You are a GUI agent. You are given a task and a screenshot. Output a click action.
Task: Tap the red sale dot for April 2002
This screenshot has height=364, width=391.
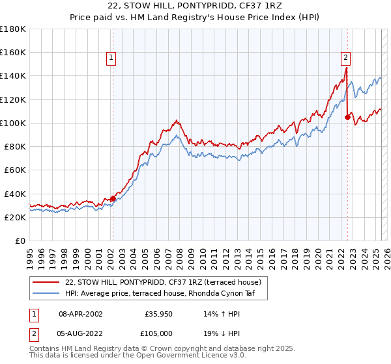tap(113, 198)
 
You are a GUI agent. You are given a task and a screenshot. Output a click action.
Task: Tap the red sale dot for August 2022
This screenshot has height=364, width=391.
tap(347, 117)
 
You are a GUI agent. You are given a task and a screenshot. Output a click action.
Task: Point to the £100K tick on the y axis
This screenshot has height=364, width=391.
tap(13, 123)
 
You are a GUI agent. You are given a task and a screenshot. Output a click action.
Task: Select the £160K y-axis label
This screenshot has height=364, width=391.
tap(13, 52)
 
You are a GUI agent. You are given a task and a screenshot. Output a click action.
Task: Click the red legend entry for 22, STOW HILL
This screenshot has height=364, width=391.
tap(163, 282)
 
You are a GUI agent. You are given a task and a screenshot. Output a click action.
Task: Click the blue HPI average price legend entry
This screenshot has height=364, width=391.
tap(164, 293)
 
